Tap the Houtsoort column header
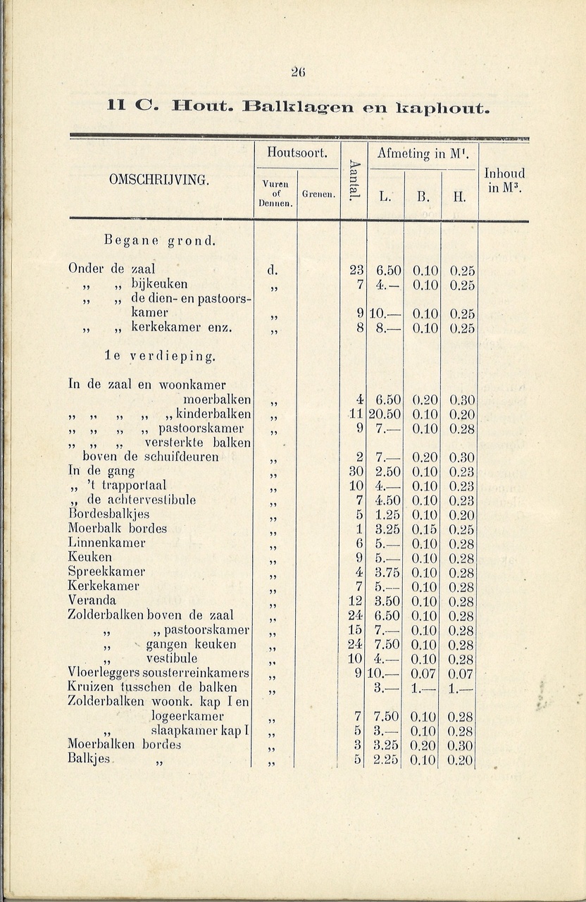(x=296, y=152)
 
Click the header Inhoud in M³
(x=504, y=180)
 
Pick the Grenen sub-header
(x=318, y=194)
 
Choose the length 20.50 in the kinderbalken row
(x=385, y=414)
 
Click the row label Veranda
(x=92, y=601)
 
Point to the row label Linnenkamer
(x=106, y=543)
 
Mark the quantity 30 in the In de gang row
(x=356, y=471)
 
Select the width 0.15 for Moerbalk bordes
(x=424, y=529)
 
